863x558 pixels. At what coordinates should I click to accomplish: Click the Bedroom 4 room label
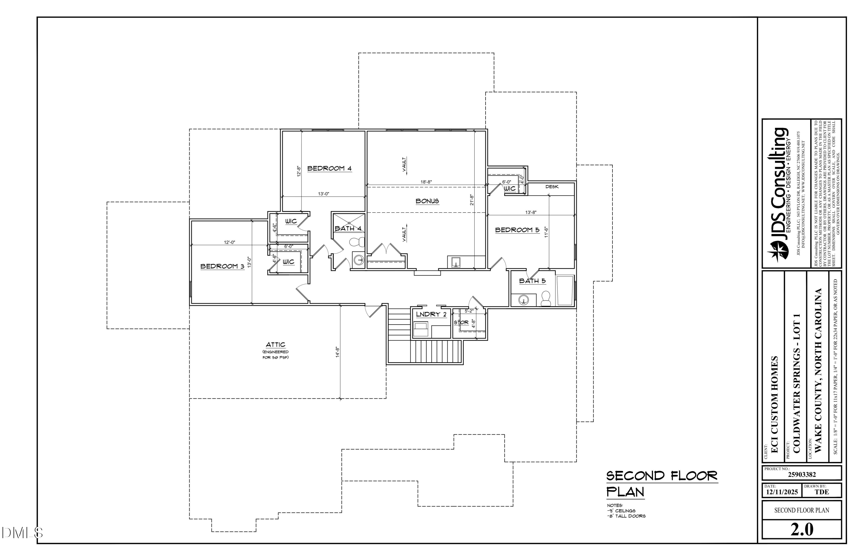[x=329, y=168]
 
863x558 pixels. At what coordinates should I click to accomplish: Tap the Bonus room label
[x=427, y=201]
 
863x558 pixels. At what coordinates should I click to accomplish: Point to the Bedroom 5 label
[x=517, y=230]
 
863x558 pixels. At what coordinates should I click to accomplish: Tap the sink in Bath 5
[x=523, y=300]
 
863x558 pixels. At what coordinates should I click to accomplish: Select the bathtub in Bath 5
[x=565, y=291]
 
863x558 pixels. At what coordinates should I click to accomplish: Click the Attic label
[x=276, y=345]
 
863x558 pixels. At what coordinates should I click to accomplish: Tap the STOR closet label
[x=461, y=323]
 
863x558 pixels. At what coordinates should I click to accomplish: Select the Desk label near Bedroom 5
[x=552, y=187]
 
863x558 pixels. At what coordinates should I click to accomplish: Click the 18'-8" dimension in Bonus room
[x=426, y=182]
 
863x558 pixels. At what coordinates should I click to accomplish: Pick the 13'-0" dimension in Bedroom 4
[x=323, y=194]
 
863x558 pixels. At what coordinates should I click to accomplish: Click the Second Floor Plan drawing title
[x=661, y=484]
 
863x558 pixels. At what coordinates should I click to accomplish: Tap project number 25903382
[x=802, y=475]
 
